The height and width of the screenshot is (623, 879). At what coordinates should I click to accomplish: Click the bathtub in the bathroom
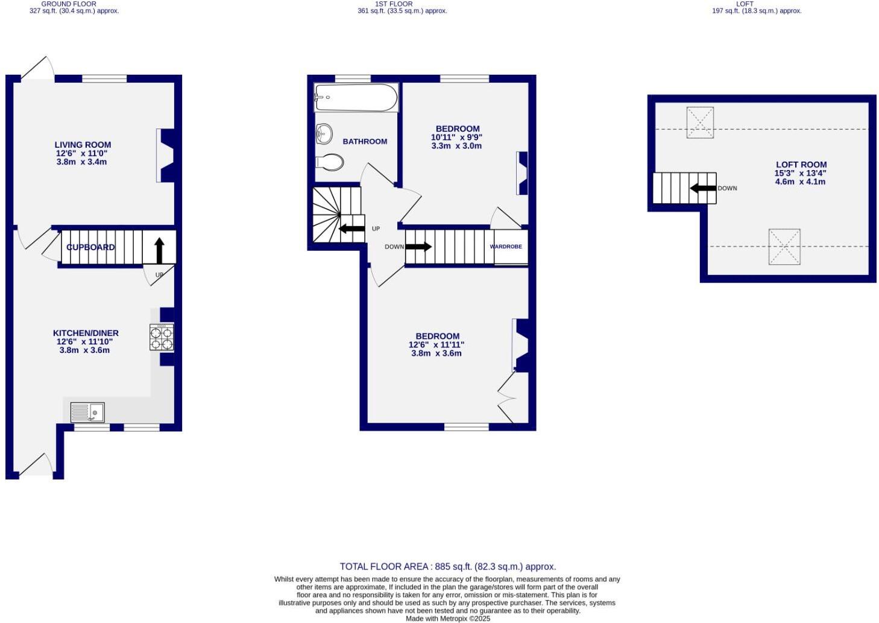coord(356,97)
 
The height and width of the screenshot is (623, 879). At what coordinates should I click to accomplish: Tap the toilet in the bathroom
coord(329,162)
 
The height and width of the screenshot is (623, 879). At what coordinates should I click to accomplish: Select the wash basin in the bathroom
coord(324,134)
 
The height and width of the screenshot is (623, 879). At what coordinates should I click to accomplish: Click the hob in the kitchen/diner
coord(162,337)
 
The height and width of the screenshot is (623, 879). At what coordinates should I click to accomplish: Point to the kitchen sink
coord(87,413)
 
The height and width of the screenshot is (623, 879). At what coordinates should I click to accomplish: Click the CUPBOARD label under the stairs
coord(90,247)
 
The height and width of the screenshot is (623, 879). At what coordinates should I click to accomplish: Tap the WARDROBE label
coord(506,247)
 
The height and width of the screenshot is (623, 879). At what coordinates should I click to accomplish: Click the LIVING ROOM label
coord(83,145)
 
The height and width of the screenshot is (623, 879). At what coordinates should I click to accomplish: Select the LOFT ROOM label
coord(801,165)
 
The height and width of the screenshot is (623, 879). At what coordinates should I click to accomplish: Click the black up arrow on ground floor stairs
coord(159,250)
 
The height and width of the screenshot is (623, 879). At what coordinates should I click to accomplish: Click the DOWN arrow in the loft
coord(703,188)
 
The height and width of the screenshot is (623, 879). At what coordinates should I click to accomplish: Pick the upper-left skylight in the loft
coord(700,122)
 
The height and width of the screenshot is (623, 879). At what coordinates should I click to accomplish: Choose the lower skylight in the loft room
coord(784,247)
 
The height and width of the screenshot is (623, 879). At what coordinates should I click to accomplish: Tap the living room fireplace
coord(166,155)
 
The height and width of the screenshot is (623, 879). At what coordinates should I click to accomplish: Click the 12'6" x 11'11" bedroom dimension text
coord(436,345)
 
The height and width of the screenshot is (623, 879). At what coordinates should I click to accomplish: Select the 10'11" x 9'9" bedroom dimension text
coord(456,138)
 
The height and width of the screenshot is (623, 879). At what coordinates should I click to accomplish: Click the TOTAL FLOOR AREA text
coord(447,567)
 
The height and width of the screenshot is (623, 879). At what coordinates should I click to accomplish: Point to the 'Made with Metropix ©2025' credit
coord(447,619)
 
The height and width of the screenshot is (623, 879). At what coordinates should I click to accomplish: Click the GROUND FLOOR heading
coord(69,4)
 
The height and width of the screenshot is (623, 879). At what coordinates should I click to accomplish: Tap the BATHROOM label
coord(365,142)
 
